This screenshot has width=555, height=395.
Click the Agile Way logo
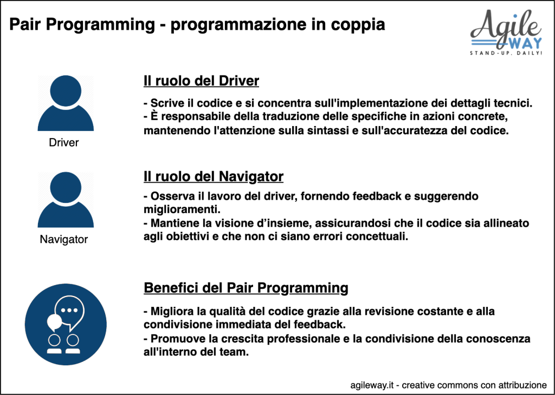click(x=506, y=32)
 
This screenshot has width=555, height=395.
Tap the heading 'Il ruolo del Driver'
click(x=201, y=81)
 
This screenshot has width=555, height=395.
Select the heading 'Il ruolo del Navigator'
click(x=214, y=176)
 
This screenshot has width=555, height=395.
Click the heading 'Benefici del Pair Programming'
click(x=246, y=288)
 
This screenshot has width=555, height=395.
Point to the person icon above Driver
click(x=66, y=103)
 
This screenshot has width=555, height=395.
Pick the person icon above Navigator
click(x=66, y=200)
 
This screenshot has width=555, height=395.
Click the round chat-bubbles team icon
click(x=66, y=324)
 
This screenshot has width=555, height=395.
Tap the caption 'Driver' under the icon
click(x=64, y=143)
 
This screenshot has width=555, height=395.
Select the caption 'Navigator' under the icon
click(x=64, y=240)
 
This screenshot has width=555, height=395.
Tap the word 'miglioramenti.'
click(x=182, y=210)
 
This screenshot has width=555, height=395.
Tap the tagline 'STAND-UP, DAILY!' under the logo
click(x=506, y=54)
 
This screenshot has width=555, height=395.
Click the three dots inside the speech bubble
click(x=69, y=311)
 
